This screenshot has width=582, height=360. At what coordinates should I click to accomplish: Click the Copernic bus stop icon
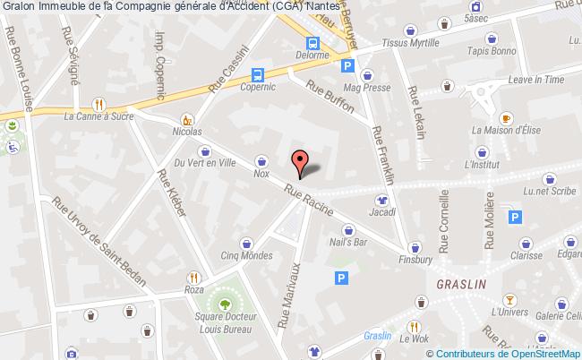point(258,75)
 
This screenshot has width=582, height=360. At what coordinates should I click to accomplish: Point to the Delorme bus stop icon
point(312,43)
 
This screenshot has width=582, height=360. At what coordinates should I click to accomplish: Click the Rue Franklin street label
point(382,154)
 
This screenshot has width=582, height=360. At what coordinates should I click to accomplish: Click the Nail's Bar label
point(348,242)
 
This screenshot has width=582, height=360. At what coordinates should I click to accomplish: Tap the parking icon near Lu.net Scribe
point(514,216)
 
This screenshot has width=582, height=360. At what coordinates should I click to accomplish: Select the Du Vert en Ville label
point(205,163)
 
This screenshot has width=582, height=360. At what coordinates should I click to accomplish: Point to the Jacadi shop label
point(382,213)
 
